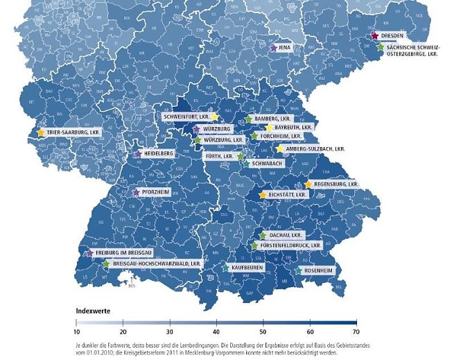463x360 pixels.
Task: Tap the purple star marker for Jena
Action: coord(273,48)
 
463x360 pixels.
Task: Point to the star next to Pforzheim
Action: coord(136,192)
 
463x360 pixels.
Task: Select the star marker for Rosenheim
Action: coord(299,271)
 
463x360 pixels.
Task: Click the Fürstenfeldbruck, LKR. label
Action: coord(290,246)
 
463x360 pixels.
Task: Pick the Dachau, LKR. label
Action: coord(286,236)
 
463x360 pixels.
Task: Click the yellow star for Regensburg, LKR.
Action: coord(308,185)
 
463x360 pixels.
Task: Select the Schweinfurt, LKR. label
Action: coord(185,117)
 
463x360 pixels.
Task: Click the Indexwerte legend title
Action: coord(92,310)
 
